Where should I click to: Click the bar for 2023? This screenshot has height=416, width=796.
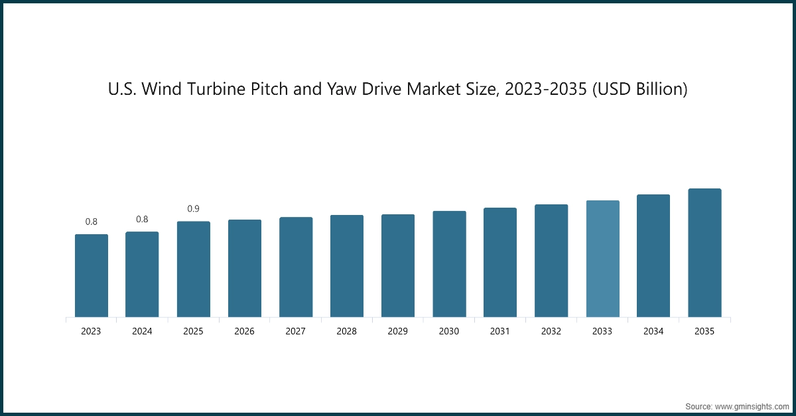91,275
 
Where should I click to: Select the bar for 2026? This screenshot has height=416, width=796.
245,268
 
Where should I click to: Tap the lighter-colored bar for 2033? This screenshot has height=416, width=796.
602,259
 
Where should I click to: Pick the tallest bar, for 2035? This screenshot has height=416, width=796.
704,253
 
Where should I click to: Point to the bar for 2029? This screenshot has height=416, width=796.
398,265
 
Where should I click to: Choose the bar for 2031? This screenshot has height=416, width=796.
500,262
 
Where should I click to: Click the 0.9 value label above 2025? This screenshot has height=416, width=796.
193,209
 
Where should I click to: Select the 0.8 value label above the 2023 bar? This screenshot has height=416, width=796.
91,222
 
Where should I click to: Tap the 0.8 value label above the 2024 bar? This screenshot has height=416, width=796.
142,219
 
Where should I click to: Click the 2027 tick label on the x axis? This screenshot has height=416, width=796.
296,331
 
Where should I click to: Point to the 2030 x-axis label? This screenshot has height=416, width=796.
449,331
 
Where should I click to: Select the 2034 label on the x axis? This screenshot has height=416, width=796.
653,331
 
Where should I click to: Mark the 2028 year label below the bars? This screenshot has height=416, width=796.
347,331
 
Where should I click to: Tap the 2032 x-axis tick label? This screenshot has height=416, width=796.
551,331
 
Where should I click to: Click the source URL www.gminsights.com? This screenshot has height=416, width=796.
752,405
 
